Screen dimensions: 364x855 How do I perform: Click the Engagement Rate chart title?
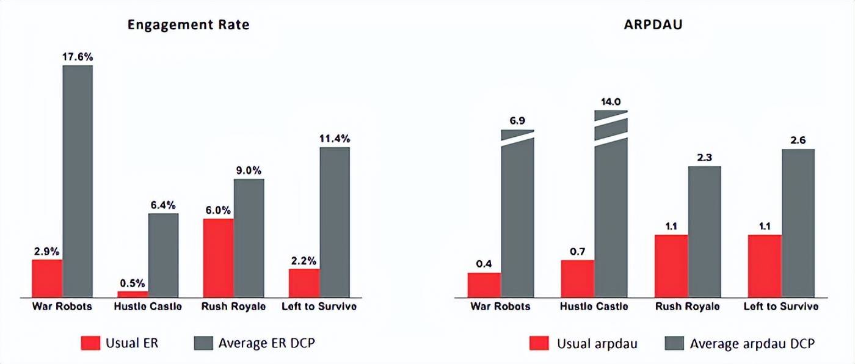tap(188, 25)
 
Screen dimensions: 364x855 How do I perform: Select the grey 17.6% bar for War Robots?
tap(78, 181)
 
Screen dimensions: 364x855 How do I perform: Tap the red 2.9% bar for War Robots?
tap(47, 278)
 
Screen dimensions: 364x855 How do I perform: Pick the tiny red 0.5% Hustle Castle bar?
tap(133, 294)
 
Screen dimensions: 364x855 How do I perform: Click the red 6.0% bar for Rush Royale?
tap(218, 258)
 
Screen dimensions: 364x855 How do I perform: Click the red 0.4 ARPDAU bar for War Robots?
tap(484, 285)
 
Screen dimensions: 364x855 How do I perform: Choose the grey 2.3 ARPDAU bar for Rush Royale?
tap(704, 232)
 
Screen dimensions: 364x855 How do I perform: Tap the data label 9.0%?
tap(249, 170)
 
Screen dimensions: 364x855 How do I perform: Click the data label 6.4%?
tap(163, 205)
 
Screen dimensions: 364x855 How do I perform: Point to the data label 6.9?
tap(517, 120)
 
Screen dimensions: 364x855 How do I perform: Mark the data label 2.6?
tap(798, 140)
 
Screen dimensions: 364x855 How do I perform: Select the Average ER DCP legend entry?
tap(254, 343)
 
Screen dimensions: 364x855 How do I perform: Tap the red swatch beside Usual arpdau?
tap(539, 344)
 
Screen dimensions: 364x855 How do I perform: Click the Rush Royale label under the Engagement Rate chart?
tap(233, 307)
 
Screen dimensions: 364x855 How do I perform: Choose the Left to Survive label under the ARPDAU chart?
tap(781, 307)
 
